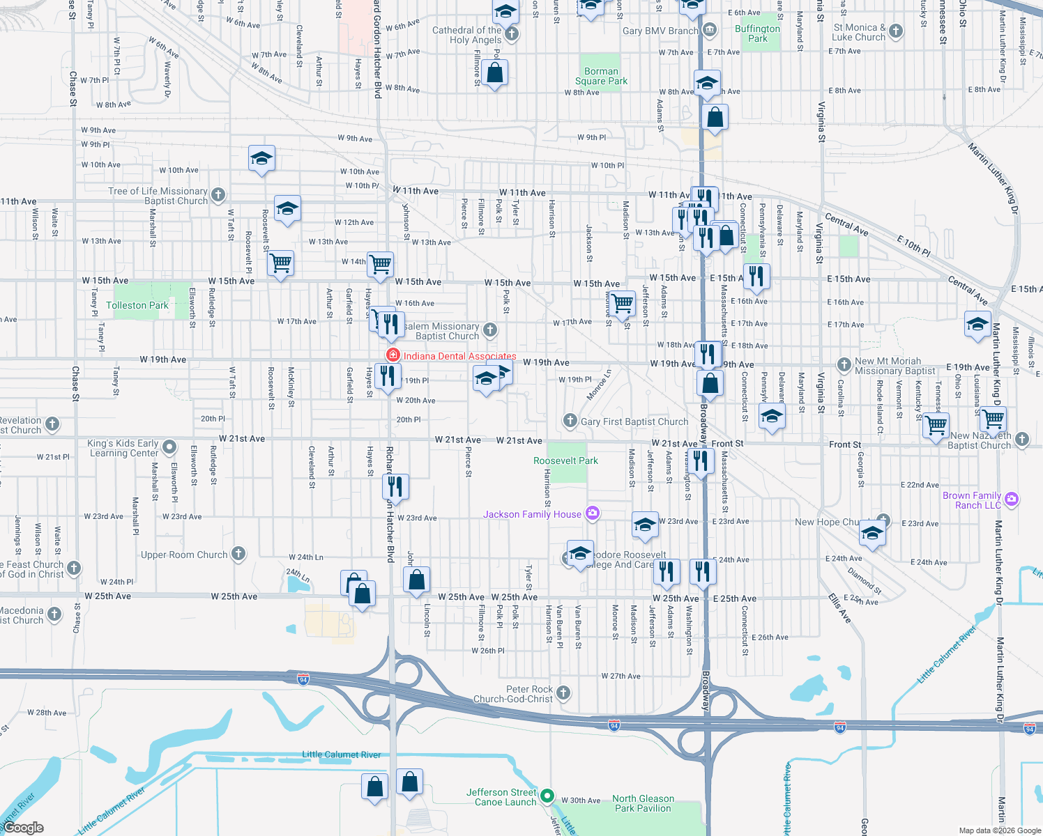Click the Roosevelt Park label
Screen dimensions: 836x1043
(565, 460)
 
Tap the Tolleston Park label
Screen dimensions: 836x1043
(137, 305)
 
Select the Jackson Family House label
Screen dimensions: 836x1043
(532, 514)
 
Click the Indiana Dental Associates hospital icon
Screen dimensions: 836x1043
(393, 355)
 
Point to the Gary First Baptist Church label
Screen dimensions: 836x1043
(634, 421)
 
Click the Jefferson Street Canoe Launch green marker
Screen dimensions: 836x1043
(547, 796)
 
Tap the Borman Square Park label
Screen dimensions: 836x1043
(601, 76)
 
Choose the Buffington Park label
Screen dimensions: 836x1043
(757, 33)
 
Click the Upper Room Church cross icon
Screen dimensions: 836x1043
(238, 554)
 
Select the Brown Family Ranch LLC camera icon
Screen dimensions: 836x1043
(1012, 500)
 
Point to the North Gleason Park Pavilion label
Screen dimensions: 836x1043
(643, 803)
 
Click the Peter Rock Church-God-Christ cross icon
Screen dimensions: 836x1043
(564, 692)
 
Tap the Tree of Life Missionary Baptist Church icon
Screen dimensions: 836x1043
(218, 194)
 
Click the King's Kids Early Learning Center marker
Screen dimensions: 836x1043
(169, 447)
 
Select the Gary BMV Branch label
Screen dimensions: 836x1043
(660, 31)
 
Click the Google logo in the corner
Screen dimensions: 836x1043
(23, 828)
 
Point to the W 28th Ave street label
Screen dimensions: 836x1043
(47, 713)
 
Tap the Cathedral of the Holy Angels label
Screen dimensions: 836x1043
(466, 35)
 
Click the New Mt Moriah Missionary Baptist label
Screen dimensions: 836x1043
(895, 366)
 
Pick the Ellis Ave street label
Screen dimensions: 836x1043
(839, 608)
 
